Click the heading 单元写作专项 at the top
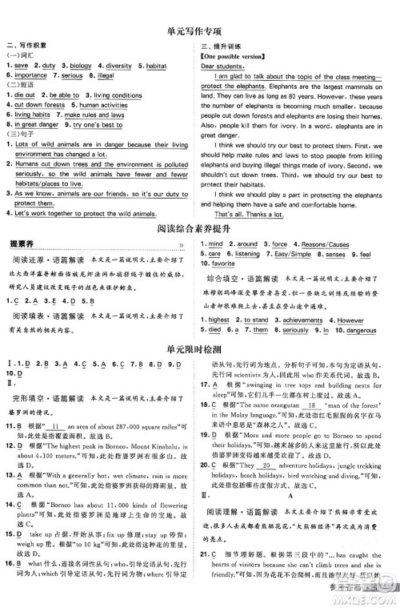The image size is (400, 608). coord(200,33)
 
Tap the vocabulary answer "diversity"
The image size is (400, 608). coord(119,66)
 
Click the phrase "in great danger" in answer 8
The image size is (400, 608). coord(31,125)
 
